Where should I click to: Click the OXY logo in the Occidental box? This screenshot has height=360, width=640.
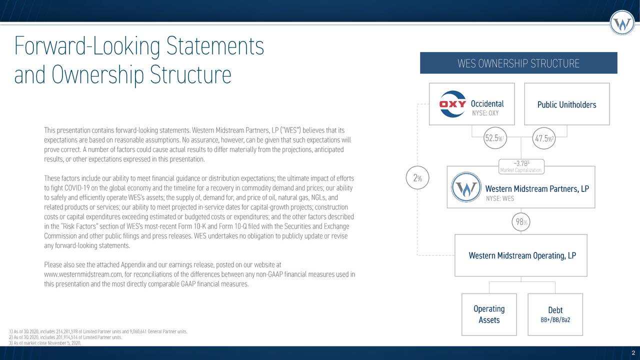pyautogui.click(x=452, y=104)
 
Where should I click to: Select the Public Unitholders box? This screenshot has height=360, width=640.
pyautogui.click(x=566, y=104)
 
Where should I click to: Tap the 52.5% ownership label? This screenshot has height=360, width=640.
pyautogui.click(x=494, y=138)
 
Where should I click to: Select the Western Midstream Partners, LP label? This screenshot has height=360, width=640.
pyautogui.click(x=536, y=189)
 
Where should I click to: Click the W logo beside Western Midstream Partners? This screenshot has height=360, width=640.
pyautogui.click(x=466, y=188)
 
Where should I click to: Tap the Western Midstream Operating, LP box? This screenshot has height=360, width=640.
pyautogui.click(x=520, y=255)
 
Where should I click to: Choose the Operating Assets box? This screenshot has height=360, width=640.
pyautogui.click(x=488, y=314)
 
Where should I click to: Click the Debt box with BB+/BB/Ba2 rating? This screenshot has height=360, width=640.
pyautogui.click(x=554, y=314)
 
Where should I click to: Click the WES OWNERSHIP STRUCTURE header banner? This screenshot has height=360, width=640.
pyautogui.click(x=518, y=63)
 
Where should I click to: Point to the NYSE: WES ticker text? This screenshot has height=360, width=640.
pyautogui.click(x=499, y=199)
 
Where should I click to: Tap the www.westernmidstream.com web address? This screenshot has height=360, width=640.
pyautogui.click(x=83, y=274)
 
